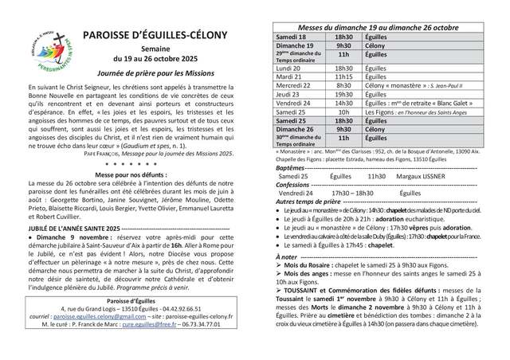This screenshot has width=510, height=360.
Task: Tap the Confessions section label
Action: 295,185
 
